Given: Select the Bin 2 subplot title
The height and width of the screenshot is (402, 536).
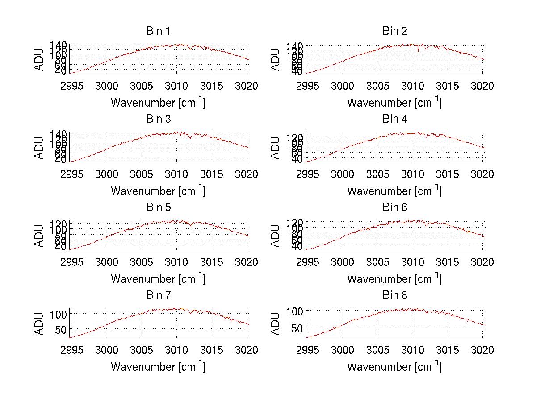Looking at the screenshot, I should click(x=395, y=31).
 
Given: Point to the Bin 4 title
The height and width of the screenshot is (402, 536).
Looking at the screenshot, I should click(x=395, y=119).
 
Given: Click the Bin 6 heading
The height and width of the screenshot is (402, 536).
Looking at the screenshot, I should click(x=395, y=207).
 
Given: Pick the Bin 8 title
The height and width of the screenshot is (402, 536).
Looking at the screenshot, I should click(x=395, y=295).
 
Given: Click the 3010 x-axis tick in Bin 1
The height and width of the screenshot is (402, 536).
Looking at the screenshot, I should click(x=177, y=86).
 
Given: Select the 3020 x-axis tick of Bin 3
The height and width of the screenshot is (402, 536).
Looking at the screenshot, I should click(x=247, y=174).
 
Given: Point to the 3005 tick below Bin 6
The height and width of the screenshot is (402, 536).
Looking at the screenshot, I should click(x=377, y=262).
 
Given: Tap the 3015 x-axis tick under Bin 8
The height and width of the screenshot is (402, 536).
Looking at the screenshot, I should click(x=448, y=350).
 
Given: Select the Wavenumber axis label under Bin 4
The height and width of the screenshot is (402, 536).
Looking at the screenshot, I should click(x=394, y=191).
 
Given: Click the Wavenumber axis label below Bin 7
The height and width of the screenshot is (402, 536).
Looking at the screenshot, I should click(x=158, y=367).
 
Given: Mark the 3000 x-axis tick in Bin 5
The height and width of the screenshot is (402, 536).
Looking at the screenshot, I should click(x=107, y=262).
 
